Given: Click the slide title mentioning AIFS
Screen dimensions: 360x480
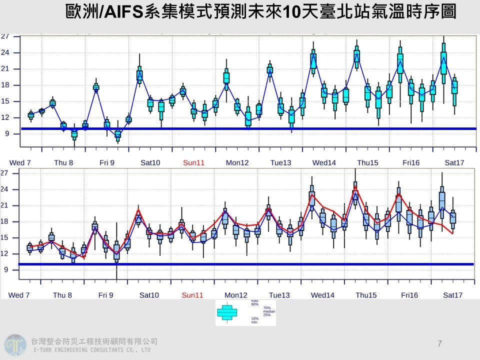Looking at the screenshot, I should [260, 12].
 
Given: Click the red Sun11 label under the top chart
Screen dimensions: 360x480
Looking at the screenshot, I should [193, 162].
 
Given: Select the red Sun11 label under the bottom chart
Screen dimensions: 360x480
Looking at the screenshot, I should [193, 295].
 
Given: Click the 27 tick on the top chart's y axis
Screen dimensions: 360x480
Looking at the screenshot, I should [4, 36].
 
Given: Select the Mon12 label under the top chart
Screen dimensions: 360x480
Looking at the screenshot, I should [237, 162].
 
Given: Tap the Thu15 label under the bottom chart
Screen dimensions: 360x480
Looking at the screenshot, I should [366, 295].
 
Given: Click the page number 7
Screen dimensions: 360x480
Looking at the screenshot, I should [439, 343].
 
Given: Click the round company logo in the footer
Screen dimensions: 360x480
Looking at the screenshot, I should [15, 345].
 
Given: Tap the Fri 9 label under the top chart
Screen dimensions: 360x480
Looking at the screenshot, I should [106, 162].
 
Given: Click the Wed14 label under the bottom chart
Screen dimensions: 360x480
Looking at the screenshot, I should [322, 295].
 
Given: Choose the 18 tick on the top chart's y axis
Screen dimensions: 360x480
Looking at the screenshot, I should [4, 85].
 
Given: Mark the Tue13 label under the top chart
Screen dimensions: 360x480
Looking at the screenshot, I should [280, 162].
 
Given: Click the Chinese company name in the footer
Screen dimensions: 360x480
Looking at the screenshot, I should [94, 341].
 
